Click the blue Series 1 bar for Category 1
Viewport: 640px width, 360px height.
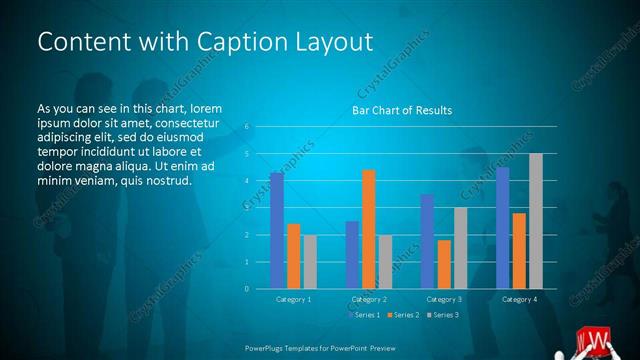[x=277, y=230]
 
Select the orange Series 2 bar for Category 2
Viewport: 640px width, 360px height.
[x=369, y=229]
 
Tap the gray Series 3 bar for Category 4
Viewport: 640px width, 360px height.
[x=536, y=221]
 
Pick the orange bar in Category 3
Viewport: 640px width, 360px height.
[x=444, y=264]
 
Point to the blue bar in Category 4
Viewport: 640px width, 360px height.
[x=502, y=228]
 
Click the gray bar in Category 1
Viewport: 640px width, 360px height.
[x=311, y=262]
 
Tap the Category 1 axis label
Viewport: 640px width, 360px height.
[x=294, y=299]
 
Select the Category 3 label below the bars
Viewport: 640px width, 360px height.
[x=444, y=299]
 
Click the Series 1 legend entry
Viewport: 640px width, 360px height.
[x=365, y=315]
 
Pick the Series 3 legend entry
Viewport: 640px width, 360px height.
[x=444, y=315]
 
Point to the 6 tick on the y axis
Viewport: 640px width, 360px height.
[x=246, y=128]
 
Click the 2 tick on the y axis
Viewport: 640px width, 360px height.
[x=246, y=235]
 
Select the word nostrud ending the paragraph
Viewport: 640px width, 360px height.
[x=167, y=180]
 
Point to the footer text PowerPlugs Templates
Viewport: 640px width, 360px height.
[x=290, y=348]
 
